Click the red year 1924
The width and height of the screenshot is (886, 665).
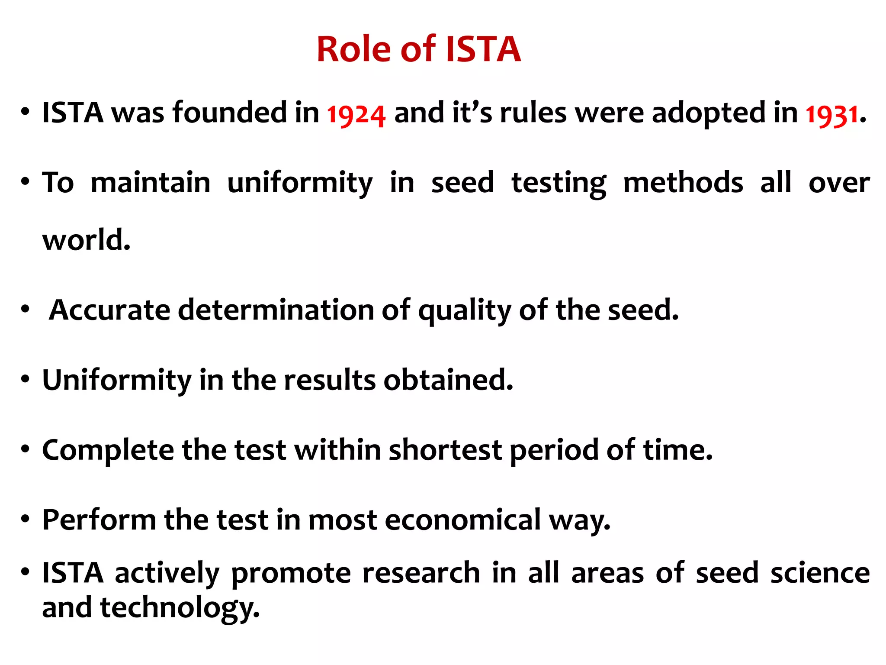[x=356, y=115]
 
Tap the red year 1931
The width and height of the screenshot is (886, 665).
[x=831, y=115]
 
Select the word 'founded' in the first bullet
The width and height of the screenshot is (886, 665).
[x=230, y=113]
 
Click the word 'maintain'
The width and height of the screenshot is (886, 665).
[x=150, y=182]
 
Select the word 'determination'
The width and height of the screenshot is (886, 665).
[x=276, y=310]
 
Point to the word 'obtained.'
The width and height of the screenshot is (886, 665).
[x=448, y=380]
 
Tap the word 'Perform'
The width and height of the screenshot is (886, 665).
[x=99, y=520]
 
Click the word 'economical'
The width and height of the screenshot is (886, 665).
[x=462, y=520]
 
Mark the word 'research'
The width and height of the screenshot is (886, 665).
[x=421, y=573]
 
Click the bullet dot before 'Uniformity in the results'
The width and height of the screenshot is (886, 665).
[x=25, y=380]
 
